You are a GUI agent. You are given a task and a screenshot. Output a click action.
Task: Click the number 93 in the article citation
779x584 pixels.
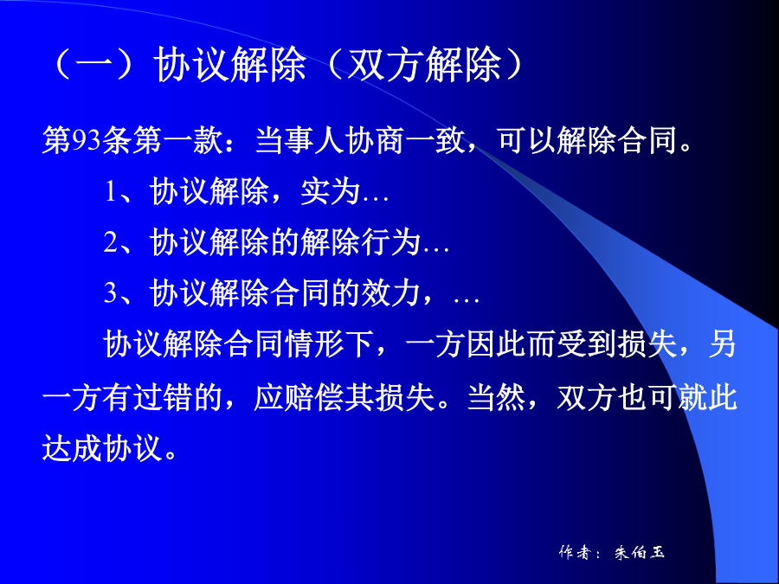87,141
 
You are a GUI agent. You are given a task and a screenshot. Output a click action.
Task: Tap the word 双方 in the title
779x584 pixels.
384,65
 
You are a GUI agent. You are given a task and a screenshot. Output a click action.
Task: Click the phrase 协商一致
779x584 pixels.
405,140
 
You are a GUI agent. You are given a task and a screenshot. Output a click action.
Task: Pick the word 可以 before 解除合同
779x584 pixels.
526,140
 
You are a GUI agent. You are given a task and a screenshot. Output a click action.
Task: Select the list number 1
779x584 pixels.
110,192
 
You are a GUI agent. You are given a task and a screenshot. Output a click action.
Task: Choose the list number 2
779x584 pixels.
110,242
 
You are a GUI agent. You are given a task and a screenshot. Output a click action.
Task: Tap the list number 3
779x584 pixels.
110,293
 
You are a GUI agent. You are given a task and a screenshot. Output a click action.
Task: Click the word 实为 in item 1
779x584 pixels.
330,191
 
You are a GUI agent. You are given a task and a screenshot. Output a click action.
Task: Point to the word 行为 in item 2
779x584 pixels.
390,242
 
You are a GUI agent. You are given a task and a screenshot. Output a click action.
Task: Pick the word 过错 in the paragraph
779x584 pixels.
162,397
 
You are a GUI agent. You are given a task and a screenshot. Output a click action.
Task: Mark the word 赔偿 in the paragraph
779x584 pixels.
314,397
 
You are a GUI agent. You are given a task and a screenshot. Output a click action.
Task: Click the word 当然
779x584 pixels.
497,397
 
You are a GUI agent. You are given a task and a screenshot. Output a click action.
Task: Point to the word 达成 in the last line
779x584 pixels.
72,448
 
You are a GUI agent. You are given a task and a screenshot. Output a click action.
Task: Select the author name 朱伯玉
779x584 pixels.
640,552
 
